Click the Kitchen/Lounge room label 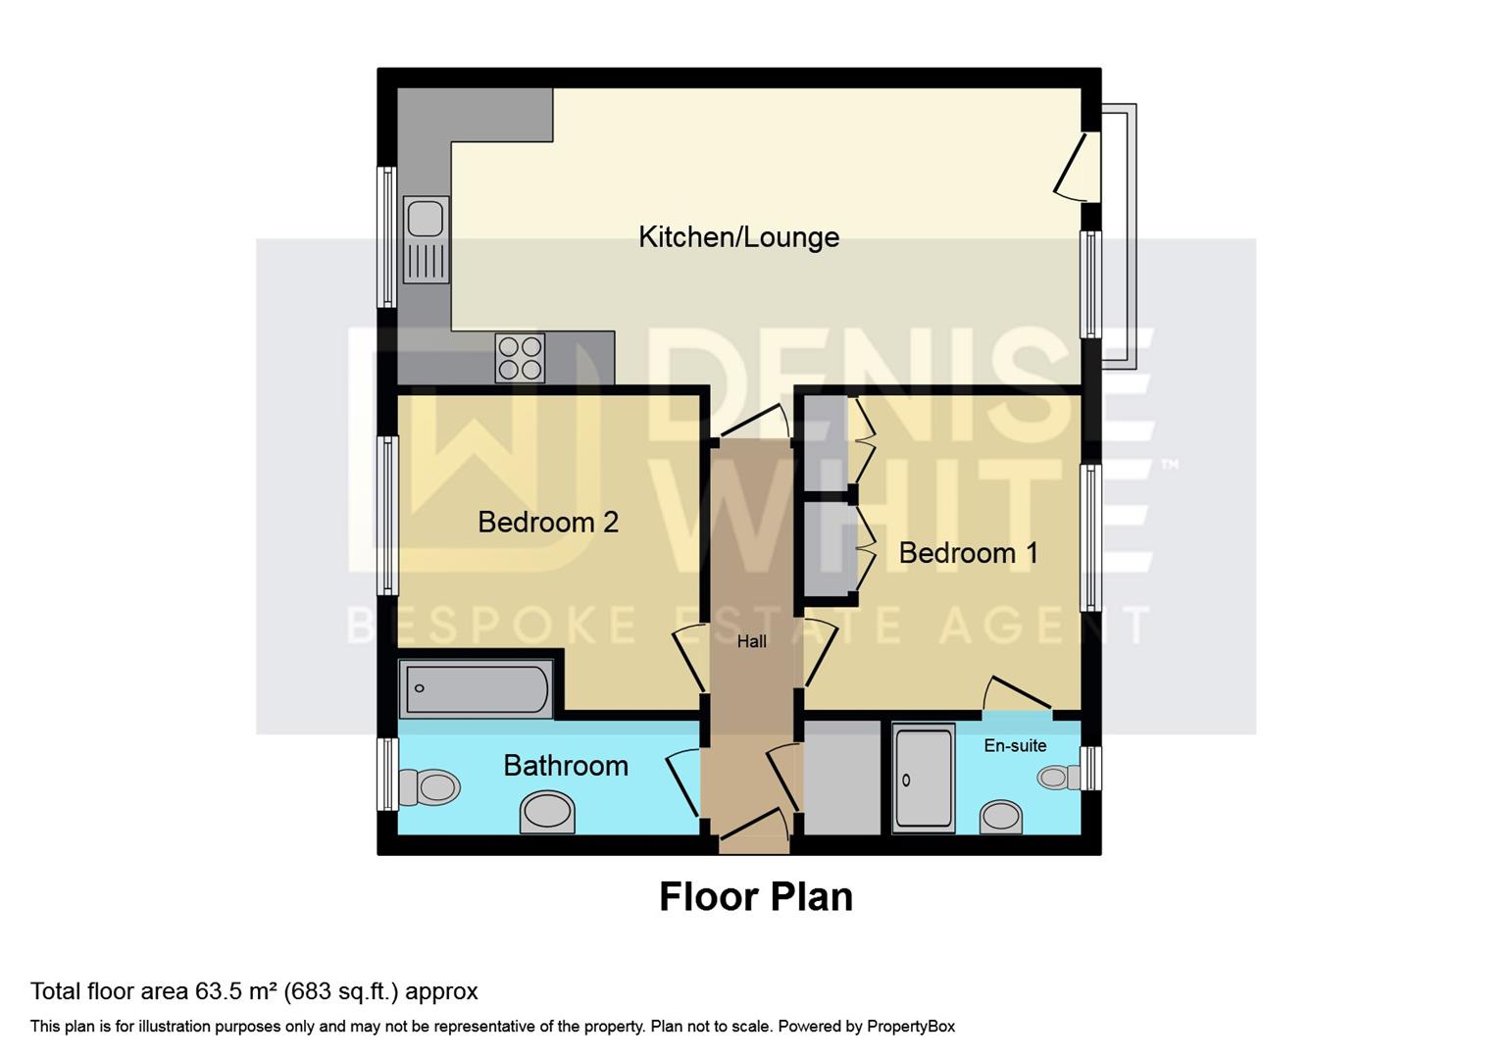[x=738, y=237]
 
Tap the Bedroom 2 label [x=548, y=522]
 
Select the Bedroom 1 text [x=968, y=553]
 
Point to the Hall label [x=752, y=642]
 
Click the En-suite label [x=1015, y=746]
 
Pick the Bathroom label [x=566, y=766]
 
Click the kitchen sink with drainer [x=426, y=240]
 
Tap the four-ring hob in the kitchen [x=521, y=358]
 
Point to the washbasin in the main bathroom [x=547, y=813]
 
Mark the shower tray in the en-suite [x=924, y=780]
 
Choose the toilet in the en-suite [x=1057, y=779]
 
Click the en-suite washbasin [x=1001, y=817]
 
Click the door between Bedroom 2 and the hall [x=688, y=659]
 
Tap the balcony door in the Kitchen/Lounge [x=1072, y=167]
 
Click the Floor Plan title [x=755, y=897]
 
